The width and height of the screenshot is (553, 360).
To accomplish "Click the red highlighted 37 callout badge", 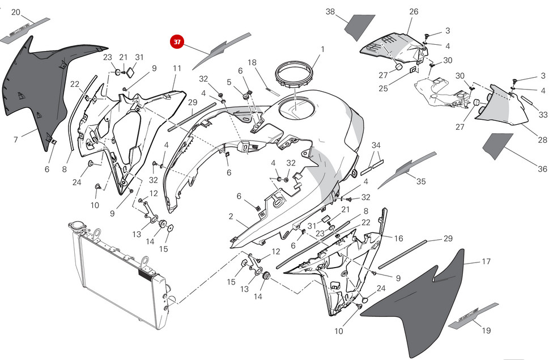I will pyautogui.click(x=177, y=41).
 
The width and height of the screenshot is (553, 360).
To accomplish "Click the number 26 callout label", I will pyautogui.click(x=414, y=11).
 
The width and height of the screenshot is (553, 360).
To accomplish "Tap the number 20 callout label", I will pyautogui.click(x=16, y=12).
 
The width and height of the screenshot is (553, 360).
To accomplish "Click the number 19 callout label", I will pyautogui.click(x=486, y=331).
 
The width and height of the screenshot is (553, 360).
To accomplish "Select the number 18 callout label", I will pyautogui.click(x=252, y=62).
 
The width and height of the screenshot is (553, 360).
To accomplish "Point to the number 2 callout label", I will pyautogui.click(x=231, y=217).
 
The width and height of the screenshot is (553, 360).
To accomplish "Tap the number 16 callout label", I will pyautogui.click(x=399, y=239).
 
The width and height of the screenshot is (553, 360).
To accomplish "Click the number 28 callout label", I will pyautogui.click(x=542, y=140).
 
